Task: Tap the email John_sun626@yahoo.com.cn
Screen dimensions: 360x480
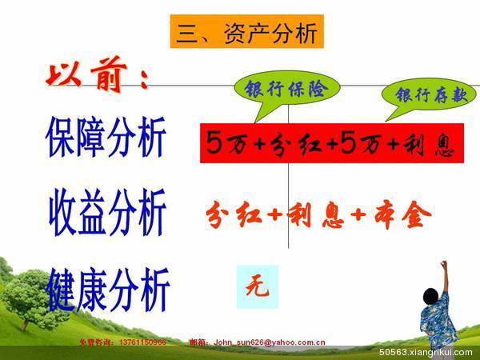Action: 268,342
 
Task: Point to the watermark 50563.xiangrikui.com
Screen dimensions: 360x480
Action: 422,351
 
